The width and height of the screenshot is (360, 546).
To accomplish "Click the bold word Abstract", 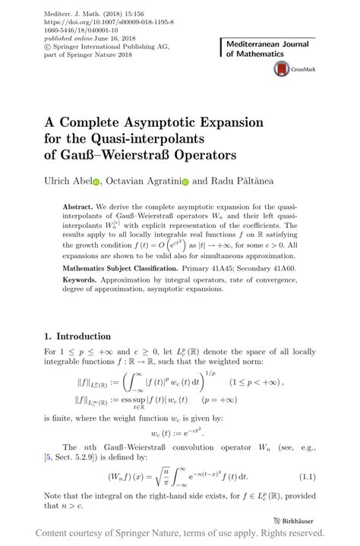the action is tap(77, 207).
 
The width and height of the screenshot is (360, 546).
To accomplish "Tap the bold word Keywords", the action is tap(78, 280).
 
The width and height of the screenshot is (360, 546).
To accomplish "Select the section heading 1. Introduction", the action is tap(77, 336).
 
